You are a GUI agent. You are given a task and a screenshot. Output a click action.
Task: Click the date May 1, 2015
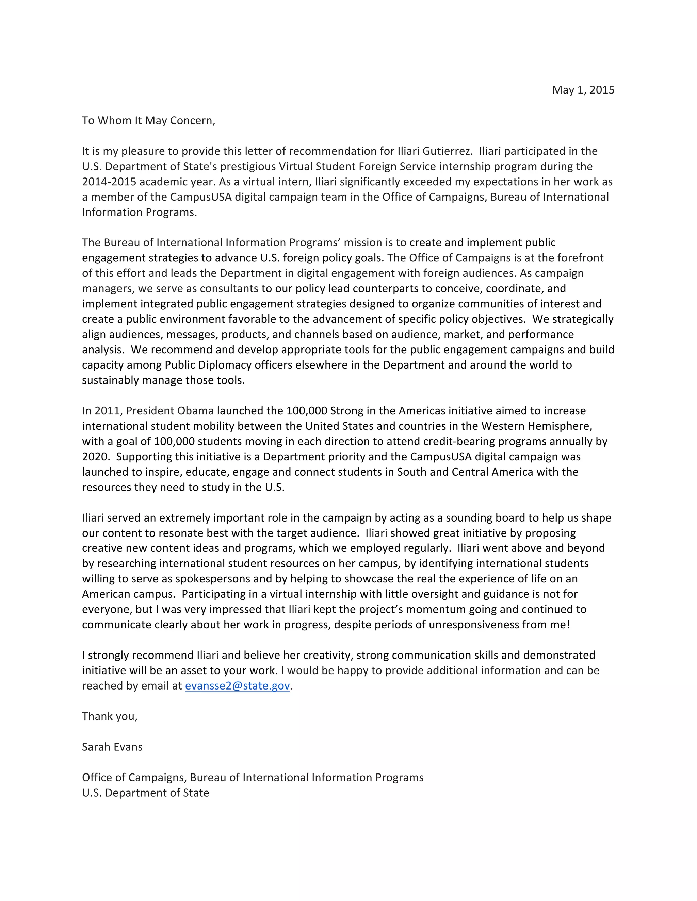pyautogui.click(x=583, y=90)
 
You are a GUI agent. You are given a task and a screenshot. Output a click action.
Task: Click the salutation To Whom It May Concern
pyautogui.click(x=148, y=120)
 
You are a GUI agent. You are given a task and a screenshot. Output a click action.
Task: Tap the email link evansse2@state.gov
pyautogui.click(x=238, y=686)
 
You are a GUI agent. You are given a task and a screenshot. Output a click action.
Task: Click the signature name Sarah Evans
pyautogui.click(x=112, y=747)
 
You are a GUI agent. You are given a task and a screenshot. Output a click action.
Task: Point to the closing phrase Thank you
pyautogui.click(x=110, y=716)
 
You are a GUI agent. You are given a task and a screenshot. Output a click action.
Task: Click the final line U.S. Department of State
pyautogui.click(x=145, y=793)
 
